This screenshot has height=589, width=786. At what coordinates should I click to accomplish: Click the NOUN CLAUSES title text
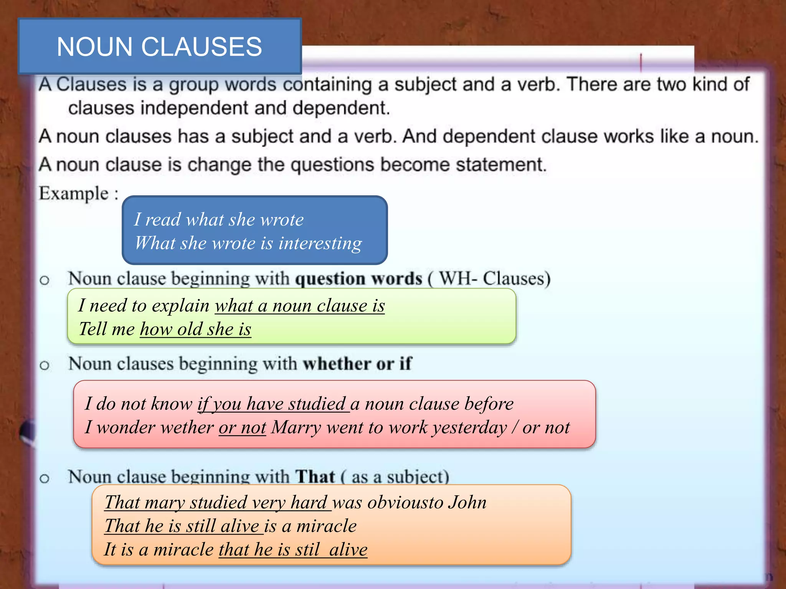(159, 47)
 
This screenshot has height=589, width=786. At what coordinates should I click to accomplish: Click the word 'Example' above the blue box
(74, 193)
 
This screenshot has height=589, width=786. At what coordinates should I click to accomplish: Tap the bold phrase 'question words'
(358, 278)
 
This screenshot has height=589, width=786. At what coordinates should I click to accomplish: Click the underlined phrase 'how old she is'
(195, 329)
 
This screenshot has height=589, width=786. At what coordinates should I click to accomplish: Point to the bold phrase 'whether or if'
(357, 364)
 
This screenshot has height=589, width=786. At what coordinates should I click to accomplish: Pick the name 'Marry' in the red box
(296, 427)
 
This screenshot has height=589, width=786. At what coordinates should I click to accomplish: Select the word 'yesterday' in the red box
(469, 427)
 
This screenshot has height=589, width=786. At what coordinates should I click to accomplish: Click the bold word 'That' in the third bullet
(315, 477)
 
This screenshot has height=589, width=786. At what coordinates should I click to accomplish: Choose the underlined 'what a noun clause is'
(299, 306)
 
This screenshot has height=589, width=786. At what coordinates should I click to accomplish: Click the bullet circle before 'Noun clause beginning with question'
(45, 280)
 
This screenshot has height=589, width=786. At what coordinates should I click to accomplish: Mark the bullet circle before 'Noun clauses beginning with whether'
(45, 365)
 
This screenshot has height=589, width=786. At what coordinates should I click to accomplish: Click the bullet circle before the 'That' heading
(45, 478)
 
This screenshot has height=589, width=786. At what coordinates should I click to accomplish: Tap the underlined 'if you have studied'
(273, 404)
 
